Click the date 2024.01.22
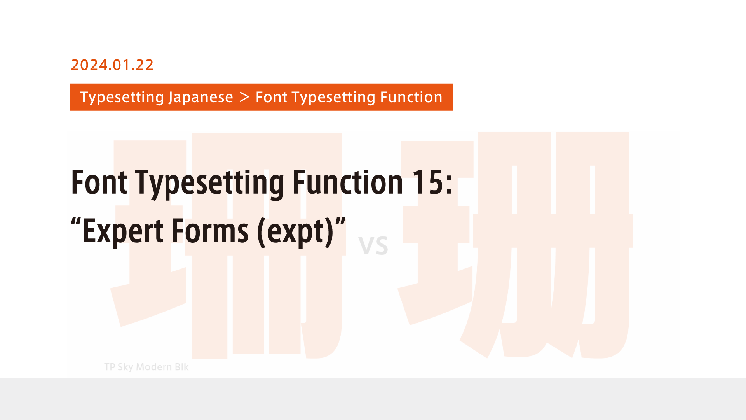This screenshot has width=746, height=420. [112, 65]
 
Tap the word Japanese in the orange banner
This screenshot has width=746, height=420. [200, 97]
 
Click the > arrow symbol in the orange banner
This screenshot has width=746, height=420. [244, 97]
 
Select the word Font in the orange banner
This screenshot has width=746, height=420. [271, 97]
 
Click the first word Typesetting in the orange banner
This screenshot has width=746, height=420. [121, 97]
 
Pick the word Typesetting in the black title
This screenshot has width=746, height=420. [210, 183]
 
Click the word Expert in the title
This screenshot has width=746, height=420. [123, 231]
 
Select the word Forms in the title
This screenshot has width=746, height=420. [210, 231]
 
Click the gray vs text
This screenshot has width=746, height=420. [373, 246]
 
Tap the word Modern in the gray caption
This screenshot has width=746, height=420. [154, 367]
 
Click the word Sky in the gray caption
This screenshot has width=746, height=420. [125, 367]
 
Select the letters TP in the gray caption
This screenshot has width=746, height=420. [110, 367]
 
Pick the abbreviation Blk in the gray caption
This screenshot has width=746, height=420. [181, 367]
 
